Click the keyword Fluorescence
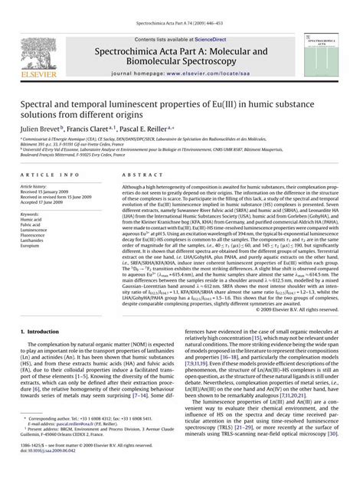[x=35, y=236]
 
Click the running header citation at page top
[x=181, y=6]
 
